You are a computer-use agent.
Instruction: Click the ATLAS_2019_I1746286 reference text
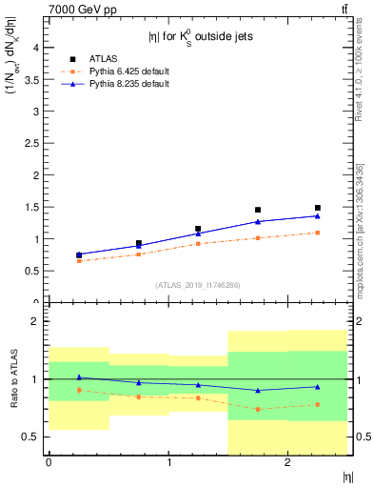(197, 284)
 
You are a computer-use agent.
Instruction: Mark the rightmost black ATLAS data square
(318, 208)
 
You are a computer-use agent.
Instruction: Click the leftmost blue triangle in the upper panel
(79, 254)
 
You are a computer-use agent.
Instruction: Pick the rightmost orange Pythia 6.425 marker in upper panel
(318, 233)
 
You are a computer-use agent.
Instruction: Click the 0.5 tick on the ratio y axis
(32, 437)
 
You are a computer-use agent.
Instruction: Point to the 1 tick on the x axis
(168, 462)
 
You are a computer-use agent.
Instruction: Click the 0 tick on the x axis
(49, 462)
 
